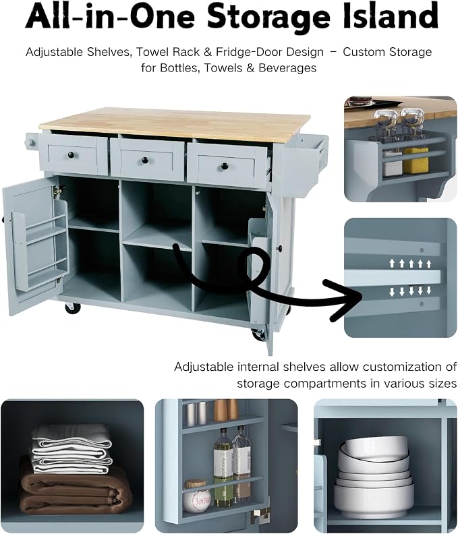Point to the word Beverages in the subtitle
[287, 68]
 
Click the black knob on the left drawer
[71, 155]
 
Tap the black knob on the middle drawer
[145, 160]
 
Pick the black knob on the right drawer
[225, 166]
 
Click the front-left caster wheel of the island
[73, 307]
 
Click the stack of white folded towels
[72, 450]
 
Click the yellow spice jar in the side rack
[416, 159]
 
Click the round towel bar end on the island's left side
[28, 142]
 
